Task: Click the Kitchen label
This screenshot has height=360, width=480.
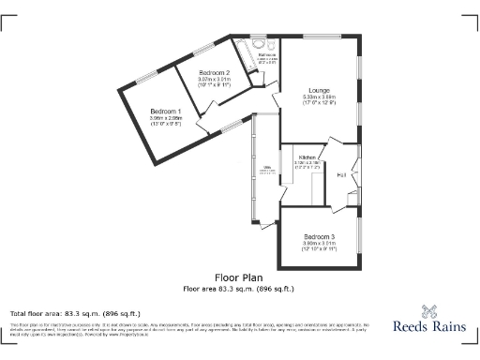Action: [307, 157]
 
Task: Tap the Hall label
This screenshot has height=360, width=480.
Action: [342, 174]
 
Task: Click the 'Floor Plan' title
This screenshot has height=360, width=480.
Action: [239, 277]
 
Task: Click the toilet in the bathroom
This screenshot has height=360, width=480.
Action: [270, 45]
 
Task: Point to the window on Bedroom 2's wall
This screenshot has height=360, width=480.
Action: [203, 49]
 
